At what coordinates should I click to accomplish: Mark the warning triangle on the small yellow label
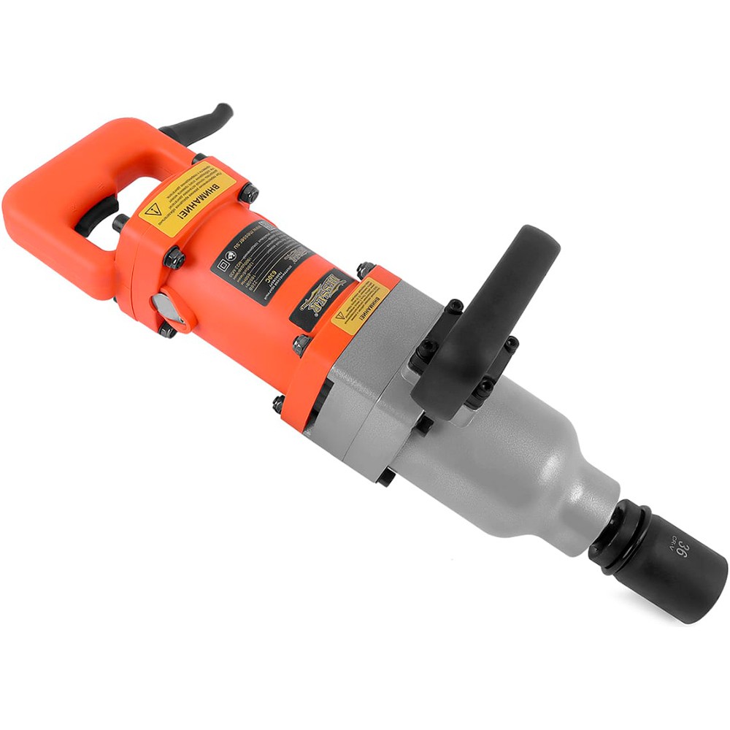(x=340, y=320)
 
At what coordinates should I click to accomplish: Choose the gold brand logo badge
(x=321, y=296)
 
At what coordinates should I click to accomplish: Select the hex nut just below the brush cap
(x=167, y=331)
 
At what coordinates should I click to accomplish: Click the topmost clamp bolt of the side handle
(x=454, y=305)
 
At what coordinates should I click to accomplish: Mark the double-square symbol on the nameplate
(x=218, y=264)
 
